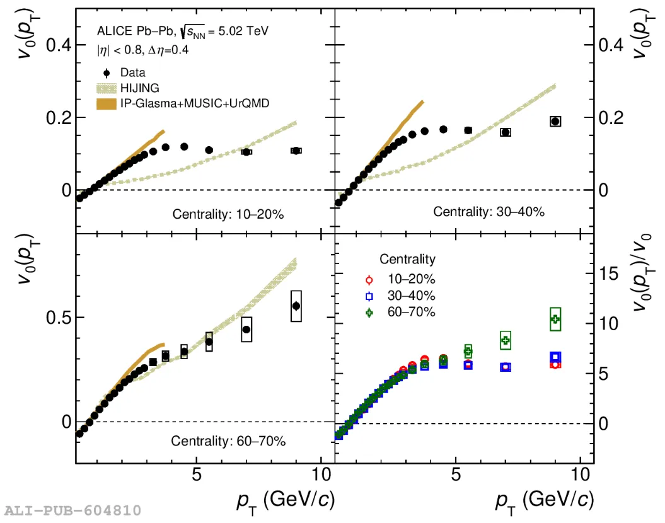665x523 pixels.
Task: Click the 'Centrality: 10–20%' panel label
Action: pyautogui.click(x=228, y=214)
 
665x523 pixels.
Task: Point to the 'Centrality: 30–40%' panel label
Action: pyautogui.click(x=489, y=212)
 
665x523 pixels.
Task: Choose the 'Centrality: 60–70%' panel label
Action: pyautogui.click(x=228, y=441)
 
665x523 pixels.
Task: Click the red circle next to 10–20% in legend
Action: pyautogui.click(x=369, y=280)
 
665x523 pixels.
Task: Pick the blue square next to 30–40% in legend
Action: pyautogui.click(x=369, y=296)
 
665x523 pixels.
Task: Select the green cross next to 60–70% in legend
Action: pyautogui.click(x=369, y=311)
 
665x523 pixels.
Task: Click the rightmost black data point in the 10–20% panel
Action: pyautogui.click(x=296, y=151)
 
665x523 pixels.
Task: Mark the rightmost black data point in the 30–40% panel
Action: pyautogui.click(x=555, y=122)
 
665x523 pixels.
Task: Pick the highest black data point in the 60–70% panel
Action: pyautogui.click(x=296, y=306)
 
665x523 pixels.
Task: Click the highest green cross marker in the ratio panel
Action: pyautogui.click(x=555, y=319)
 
